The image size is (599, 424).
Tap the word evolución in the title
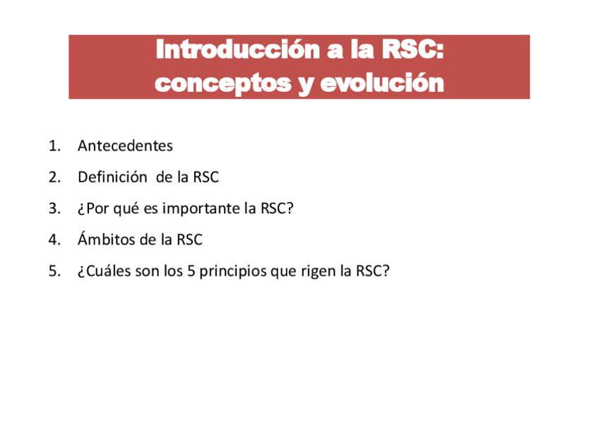[x=381, y=83]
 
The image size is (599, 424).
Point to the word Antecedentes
[x=125, y=146]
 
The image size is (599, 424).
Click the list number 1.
[x=54, y=146]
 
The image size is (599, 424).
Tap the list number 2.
[x=54, y=177]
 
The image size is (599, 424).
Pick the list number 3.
[x=54, y=208]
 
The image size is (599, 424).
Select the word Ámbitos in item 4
[x=107, y=240]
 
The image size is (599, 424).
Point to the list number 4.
[x=54, y=240]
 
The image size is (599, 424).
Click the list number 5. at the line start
[x=54, y=271]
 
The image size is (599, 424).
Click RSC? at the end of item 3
[x=276, y=208]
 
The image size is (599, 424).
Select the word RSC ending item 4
[x=189, y=240]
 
